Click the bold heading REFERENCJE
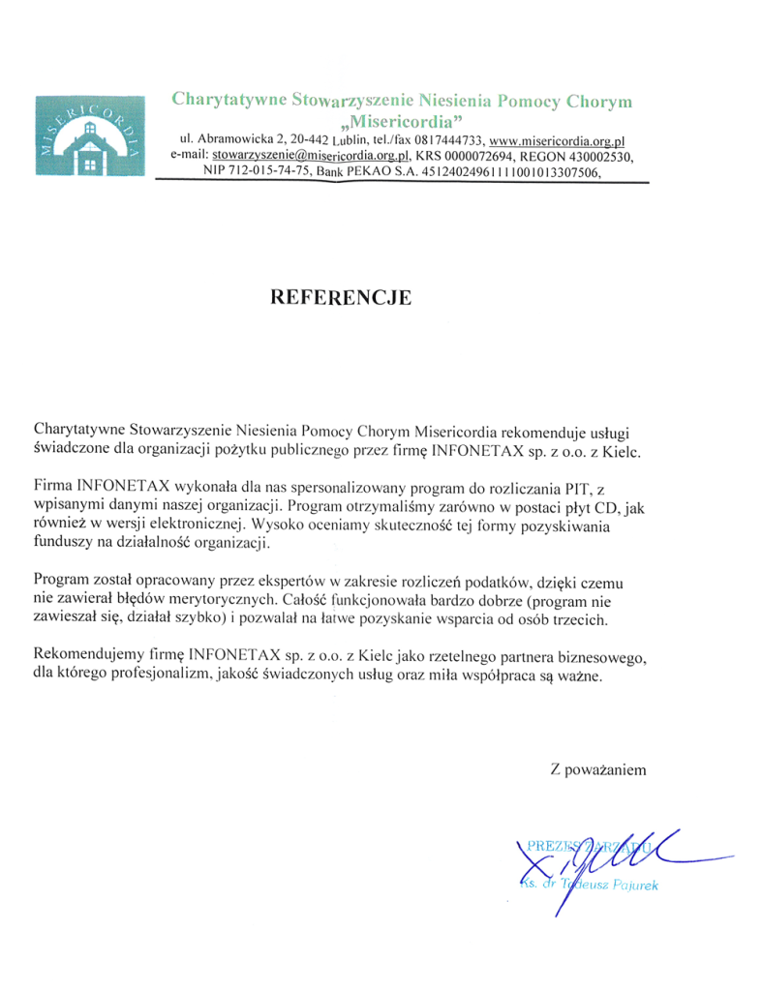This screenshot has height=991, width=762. point(341,297)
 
